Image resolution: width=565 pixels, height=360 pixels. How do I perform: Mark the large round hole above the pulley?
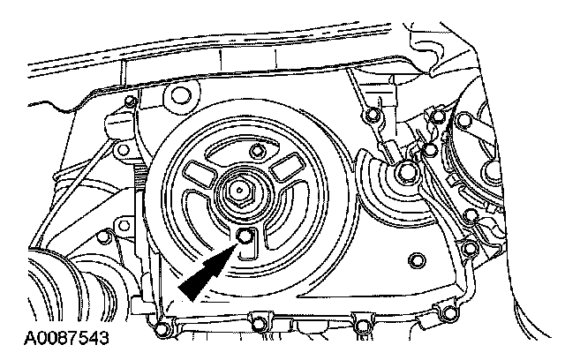(x=183, y=94)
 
